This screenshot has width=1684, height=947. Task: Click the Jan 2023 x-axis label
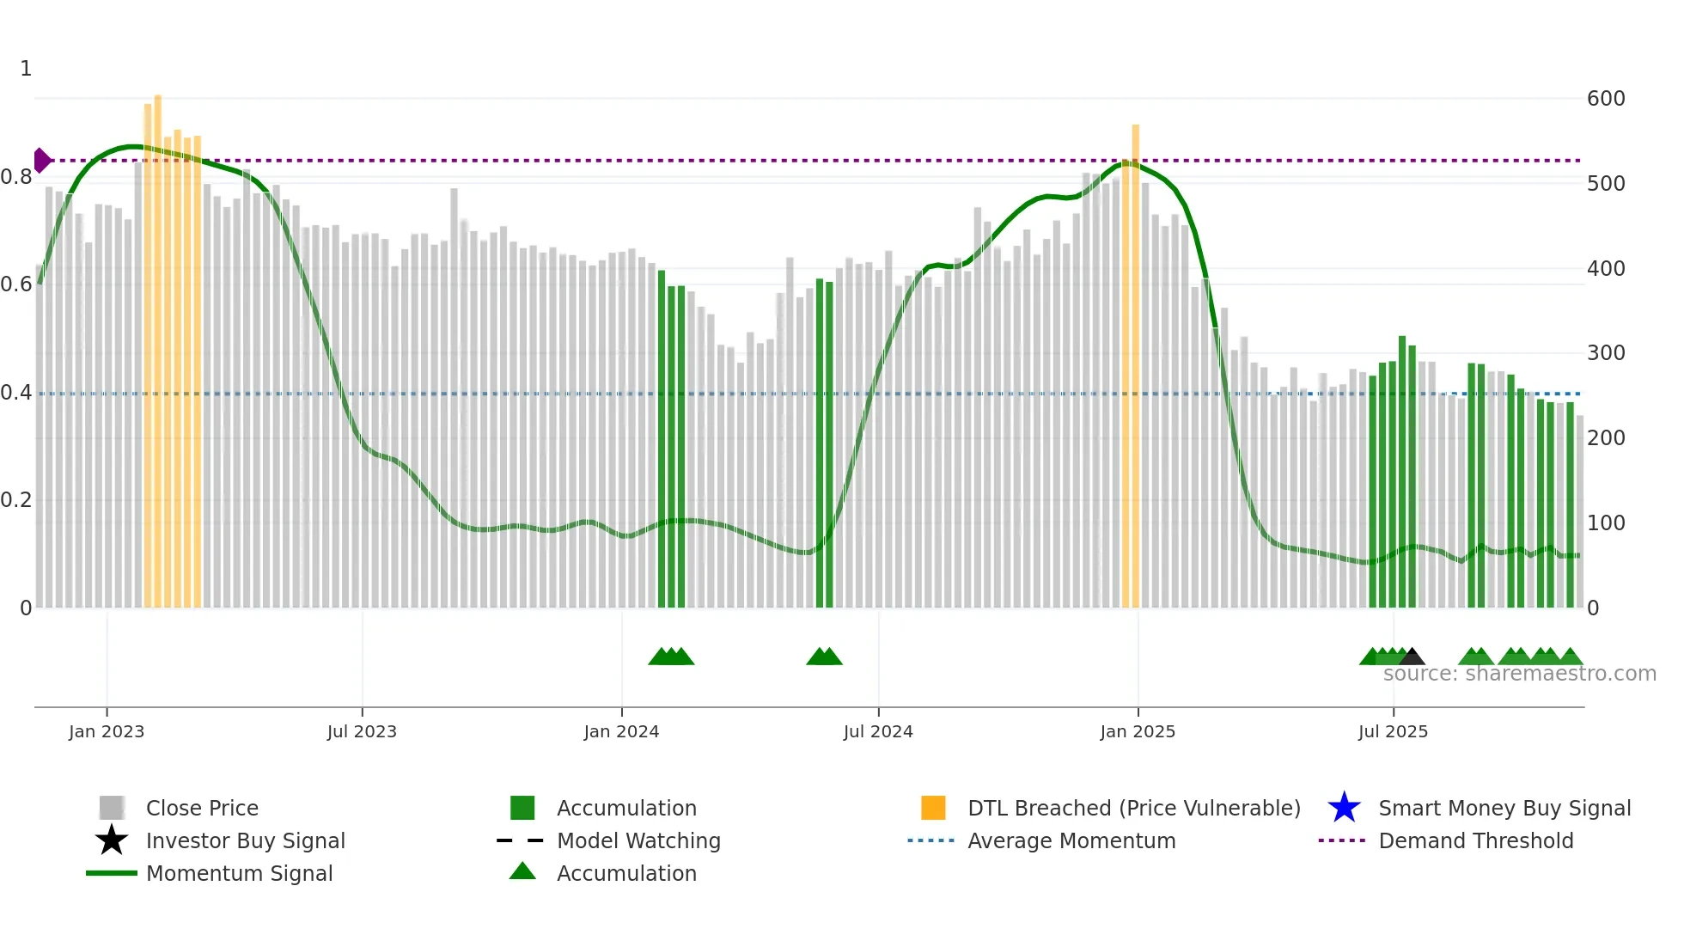point(107,731)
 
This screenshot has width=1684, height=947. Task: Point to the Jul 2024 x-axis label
point(878,731)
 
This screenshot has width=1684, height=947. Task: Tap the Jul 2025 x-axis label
point(1393,731)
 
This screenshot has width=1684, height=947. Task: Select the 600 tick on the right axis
point(1606,99)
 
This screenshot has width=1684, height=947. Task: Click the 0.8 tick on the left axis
point(16,177)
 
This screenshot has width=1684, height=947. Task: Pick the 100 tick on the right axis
point(1606,523)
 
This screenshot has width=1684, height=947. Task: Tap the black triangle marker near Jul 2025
point(1412,657)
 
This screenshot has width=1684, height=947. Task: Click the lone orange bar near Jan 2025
point(1135,365)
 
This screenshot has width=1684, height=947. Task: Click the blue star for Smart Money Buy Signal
point(1344,808)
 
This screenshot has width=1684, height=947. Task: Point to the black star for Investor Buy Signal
point(112,840)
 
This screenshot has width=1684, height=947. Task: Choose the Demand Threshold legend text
point(1475,840)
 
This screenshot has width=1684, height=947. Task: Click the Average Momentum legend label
point(1071,840)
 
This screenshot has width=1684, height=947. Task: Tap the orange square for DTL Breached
point(933,808)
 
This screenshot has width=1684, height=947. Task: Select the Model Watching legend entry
point(638,840)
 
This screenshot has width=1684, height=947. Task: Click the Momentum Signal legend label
point(239,873)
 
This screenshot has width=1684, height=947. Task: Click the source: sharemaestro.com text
point(1519,674)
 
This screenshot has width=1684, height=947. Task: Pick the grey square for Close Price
point(112,808)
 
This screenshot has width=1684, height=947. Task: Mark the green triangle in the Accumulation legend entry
point(522,872)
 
